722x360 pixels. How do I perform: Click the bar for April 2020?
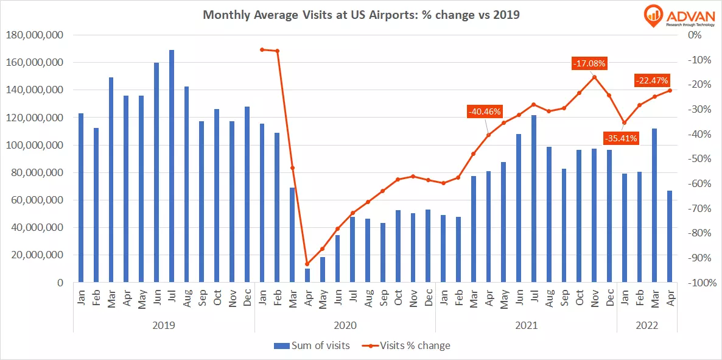click(x=307, y=275)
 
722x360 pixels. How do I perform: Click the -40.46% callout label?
click(x=484, y=111)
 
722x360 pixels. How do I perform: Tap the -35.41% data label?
click(x=620, y=138)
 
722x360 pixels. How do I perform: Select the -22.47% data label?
click(x=651, y=80)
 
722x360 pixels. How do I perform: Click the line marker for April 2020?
click(x=307, y=264)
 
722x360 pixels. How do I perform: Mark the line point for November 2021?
click(x=594, y=77)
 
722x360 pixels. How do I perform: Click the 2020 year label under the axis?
click(x=345, y=325)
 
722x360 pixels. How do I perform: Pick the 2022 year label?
click(x=647, y=325)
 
